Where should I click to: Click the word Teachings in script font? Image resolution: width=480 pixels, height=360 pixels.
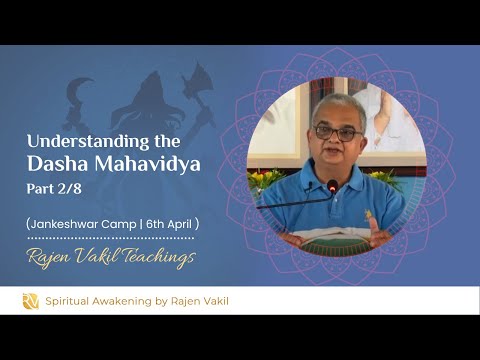pyautogui.click(x=155, y=259)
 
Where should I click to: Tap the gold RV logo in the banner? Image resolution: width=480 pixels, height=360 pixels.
pyautogui.click(x=30, y=301)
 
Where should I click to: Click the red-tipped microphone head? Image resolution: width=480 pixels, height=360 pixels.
pyautogui.click(x=332, y=186)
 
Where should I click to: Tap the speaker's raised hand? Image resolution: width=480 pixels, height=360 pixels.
pyautogui.click(x=376, y=228)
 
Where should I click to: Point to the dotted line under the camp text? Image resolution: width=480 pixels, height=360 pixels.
pyautogui.click(x=110, y=238)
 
